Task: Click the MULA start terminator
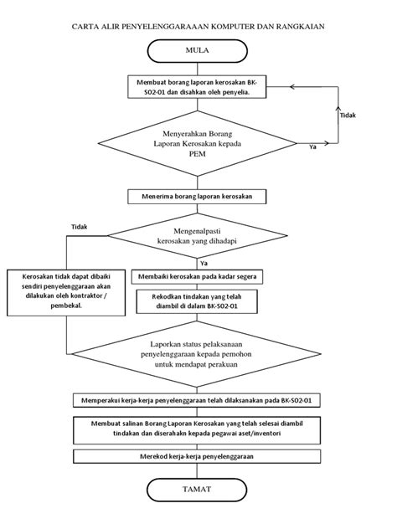coord(197,51)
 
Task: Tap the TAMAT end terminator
coord(197,490)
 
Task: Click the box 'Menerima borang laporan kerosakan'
coord(197,197)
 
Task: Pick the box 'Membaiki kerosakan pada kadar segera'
coord(197,277)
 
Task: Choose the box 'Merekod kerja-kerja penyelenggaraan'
coord(197,456)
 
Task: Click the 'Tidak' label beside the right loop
coord(348,116)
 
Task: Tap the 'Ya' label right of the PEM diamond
coord(313,147)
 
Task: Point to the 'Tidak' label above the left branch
coord(80,227)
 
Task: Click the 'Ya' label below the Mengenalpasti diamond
coord(204,263)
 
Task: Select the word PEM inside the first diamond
coord(197,154)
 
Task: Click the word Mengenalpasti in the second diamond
coord(197,231)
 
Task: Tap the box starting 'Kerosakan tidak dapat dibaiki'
coord(66,292)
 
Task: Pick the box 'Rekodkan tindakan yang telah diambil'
coord(197,301)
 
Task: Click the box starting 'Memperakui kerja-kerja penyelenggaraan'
coord(197,400)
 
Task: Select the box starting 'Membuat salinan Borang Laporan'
coord(197,430)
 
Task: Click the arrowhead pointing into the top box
coord(292,87)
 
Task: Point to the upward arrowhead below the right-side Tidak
coord(338,108)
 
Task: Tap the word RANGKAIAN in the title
coord(301,26)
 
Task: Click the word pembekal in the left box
coord(66,306)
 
